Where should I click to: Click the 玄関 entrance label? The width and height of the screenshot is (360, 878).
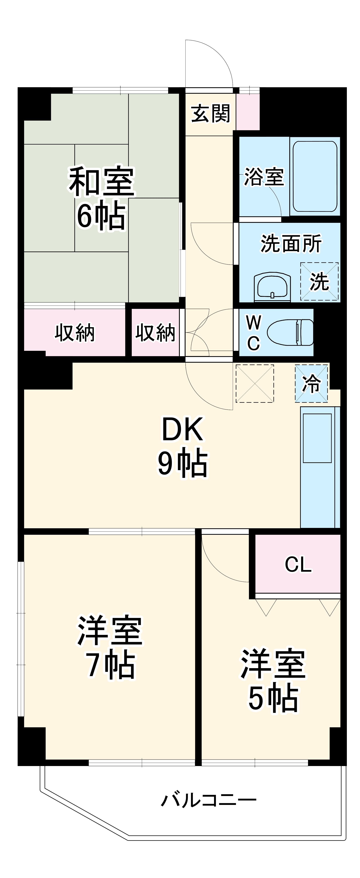coord(210,114)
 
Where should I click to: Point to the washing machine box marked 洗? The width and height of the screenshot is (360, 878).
coord(319,281)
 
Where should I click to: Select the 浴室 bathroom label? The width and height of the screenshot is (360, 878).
coord(264,177)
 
